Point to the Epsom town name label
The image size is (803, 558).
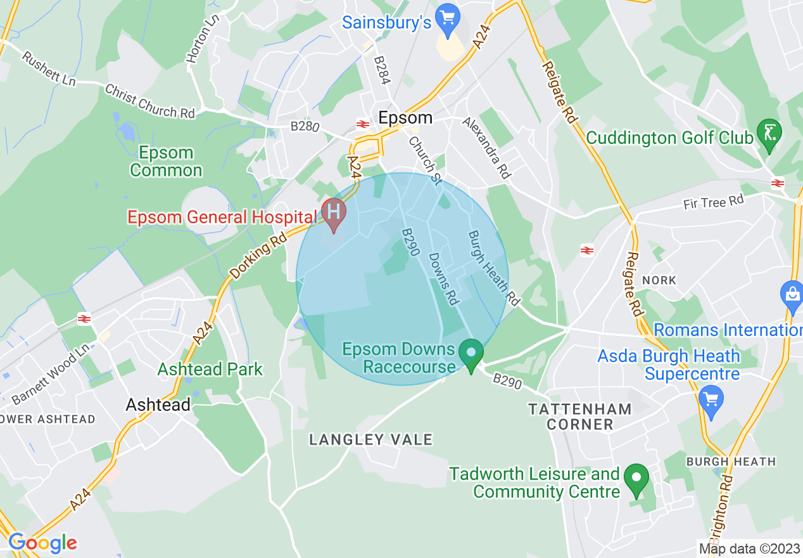(x=405, y=118)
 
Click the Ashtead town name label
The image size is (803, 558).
(x=158, y=405)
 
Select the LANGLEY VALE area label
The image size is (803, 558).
(x=370, y=439)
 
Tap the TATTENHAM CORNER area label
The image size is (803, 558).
(x=580, y=417)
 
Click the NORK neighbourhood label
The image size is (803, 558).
(x=659, y=280)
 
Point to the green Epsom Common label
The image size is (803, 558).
(x=167, y=162)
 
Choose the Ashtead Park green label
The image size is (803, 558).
(x=210, y=369)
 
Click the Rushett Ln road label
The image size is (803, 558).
(x=48, y=68)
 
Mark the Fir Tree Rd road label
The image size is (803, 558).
(x=713, y=203)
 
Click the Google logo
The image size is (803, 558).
(x=42, y=543)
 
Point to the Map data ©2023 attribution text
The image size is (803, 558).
(x=749, y=548)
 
